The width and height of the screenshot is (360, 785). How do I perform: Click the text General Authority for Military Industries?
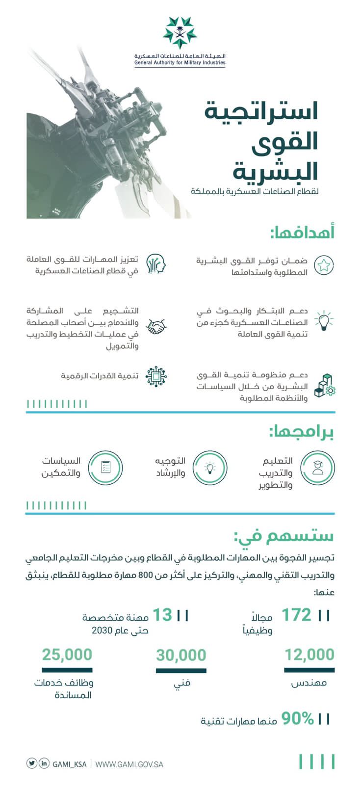(x=180, y=62)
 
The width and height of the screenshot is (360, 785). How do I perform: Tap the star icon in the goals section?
(x=323, y=265)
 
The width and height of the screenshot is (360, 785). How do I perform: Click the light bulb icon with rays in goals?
(x=323, y=320)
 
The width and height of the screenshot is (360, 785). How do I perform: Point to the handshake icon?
(x=157, y=326)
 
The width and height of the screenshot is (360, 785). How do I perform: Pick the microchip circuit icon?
(x=157, y=376)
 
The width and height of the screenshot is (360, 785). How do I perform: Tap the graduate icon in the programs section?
(x=317, y=468)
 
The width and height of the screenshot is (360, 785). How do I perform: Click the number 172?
(x=296, y=615)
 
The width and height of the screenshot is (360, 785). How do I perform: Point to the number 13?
(x=163, y=615)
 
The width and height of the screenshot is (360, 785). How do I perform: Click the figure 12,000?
(x=309, y=654)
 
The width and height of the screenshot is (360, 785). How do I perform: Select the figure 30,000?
(x=181, y=655)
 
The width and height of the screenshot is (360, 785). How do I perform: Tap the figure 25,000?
(x=67, y=654)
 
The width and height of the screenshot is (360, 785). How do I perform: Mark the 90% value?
(x=297, y=719)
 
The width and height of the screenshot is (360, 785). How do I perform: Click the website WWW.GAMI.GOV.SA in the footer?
(x=129, y=764)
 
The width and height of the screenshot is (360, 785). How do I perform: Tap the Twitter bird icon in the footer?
(x=32, y=763)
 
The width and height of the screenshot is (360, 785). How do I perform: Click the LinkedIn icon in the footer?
(x=44, y=763)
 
